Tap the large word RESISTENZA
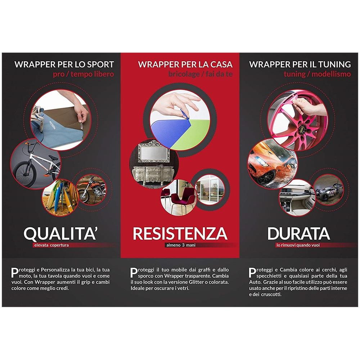point(180,233)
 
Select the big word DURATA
point(298,233)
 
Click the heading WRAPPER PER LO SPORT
point(64,65)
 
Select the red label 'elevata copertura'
point(50,246)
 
